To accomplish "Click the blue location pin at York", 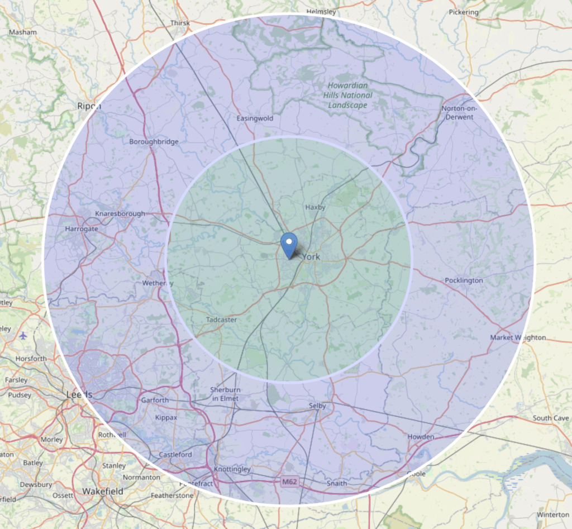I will [289, 245].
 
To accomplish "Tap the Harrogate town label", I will [81, 229].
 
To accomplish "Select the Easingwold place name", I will [255, 118].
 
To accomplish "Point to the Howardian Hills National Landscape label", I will [348, 95].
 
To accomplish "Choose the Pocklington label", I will [464, 280].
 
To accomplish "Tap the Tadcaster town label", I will [221, 320].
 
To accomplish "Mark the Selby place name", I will [317, 406].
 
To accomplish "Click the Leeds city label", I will [79, 395].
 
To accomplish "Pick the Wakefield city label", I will [102, 491].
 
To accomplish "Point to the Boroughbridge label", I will [154, 142].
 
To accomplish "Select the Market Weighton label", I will [518, 337].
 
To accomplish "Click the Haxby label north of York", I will [315, 207].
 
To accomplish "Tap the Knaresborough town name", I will [120, 214].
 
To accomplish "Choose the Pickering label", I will [464, 12].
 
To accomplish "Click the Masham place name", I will [23, 32].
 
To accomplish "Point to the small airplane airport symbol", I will [23, 336].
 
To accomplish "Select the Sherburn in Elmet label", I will [225, 394].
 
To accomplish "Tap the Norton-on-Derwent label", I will [457, 113].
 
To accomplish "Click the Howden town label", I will [421, 437].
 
